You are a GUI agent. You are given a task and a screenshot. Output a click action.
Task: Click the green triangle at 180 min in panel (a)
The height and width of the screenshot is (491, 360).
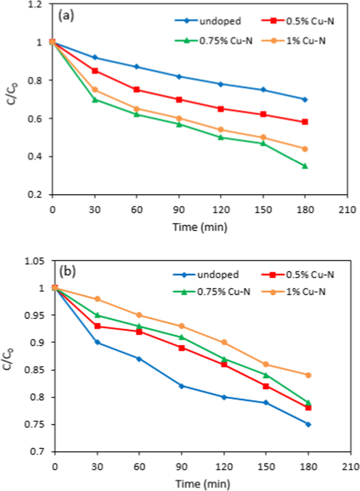pyautogui.click(x=305, y=166)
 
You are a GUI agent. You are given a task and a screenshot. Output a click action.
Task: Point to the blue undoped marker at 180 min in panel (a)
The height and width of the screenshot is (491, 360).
pyautogui.click(x=305, y=99)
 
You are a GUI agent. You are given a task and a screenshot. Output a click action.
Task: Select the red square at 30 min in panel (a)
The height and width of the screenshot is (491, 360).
pyautogui.click(x=95, y=71)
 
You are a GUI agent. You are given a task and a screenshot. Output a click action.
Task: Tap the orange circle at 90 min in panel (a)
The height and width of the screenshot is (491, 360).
pyautogui.click(x=179, y=118)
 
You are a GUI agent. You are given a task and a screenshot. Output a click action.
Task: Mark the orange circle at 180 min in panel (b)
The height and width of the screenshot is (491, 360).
pyautogui.click(x=308, y=375)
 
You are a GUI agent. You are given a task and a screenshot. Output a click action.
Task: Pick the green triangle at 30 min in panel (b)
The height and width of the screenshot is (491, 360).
pyautogui.click(x=97, y=315)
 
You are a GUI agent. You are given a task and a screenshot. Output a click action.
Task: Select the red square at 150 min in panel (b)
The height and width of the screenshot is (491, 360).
pyautogui.click(x=266, y=386)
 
